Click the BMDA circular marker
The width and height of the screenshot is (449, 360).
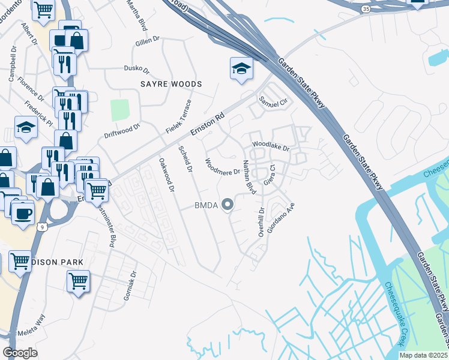228,206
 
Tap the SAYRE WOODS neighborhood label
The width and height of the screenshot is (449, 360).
171,84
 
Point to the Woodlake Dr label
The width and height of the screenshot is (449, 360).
270,145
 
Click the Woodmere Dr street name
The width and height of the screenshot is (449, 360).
222,166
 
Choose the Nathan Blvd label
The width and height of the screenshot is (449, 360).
249,178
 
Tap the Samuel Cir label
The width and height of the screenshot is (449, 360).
273,102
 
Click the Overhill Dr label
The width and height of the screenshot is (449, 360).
261,221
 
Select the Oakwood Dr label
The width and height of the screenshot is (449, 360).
166,175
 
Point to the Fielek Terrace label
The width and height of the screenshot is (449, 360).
178,116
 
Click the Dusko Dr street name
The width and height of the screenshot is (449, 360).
136,68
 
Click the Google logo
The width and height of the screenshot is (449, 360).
20,352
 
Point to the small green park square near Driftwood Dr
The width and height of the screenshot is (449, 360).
120,109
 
